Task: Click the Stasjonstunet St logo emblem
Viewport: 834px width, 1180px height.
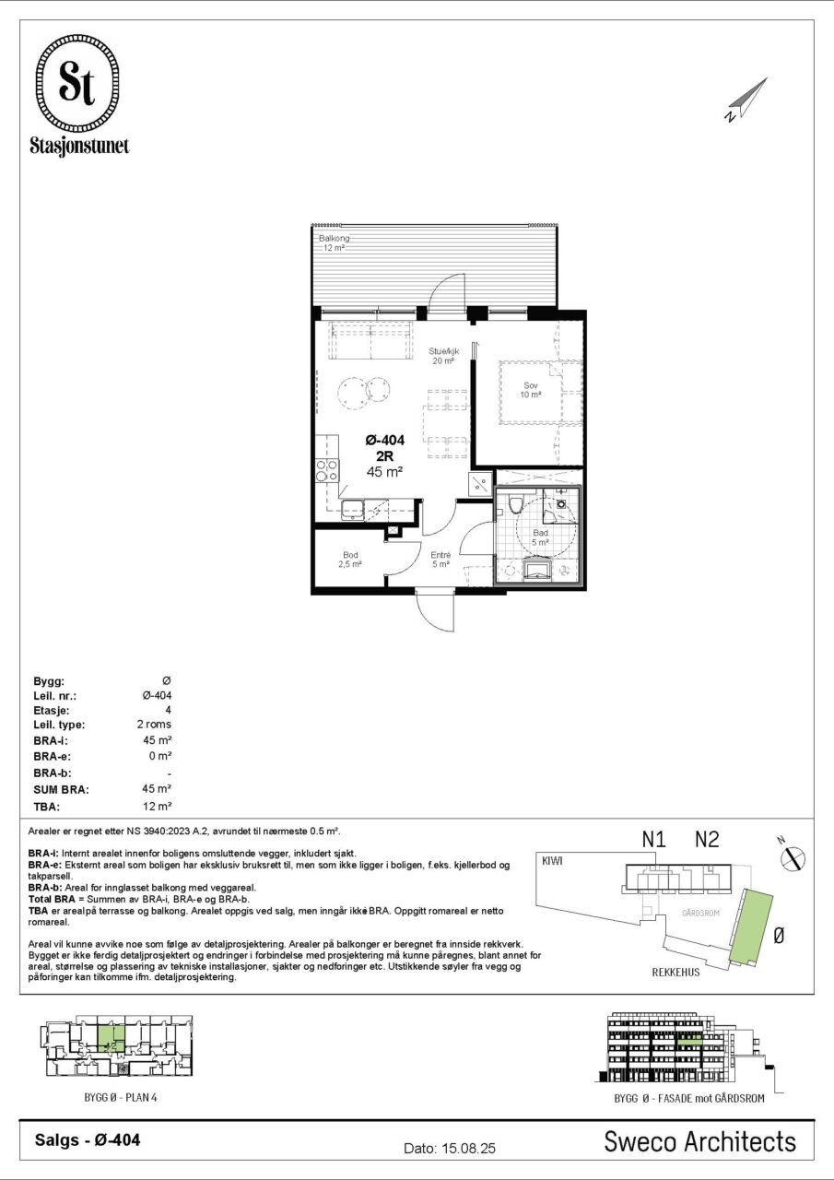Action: click(78, 84)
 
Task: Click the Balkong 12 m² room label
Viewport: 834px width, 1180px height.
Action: click(334, 242)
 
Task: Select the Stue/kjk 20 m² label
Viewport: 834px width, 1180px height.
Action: click(444, 356)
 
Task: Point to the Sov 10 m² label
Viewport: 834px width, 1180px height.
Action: click(531, 390)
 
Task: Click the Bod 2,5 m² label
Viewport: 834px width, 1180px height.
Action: click(350, 560)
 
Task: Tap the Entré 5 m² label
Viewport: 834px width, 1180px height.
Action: click(440, 560)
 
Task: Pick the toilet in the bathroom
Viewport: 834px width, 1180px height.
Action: click(515, 504)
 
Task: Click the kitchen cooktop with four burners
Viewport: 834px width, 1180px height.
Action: click(327, 470)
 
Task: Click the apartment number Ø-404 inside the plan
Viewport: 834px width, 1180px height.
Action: click(385, 440)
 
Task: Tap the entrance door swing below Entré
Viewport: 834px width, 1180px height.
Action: click(435, 610)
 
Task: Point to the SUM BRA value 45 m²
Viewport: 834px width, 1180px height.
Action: click(158, 788)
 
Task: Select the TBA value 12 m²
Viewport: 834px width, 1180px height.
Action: click(158, 806)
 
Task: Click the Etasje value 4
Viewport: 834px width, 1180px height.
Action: click(168, 710)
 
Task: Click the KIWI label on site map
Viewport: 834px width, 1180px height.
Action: click(552, 861)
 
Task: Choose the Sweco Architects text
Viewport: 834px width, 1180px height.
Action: click(699, 1141)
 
